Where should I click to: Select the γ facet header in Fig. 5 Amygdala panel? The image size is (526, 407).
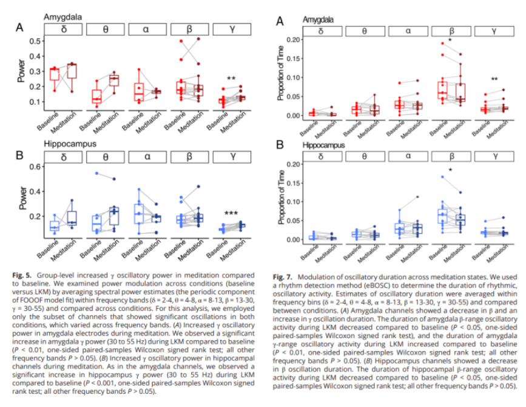(x=231, y=28)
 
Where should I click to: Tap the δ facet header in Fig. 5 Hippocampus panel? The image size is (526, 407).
(x=62, y=156)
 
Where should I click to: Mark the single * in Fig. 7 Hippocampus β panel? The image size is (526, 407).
(x=450, y=171)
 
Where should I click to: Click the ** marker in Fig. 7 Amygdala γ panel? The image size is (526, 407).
(x=495, y=79)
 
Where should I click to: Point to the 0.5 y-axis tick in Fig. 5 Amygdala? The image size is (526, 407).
(x=36, y=41)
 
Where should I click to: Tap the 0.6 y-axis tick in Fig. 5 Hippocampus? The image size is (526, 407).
(x=36, y=167)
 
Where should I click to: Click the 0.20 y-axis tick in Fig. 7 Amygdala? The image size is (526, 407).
(x=293, y=39)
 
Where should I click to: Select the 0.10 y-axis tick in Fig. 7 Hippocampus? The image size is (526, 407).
(x=293, y=201)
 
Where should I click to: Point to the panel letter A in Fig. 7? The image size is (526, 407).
(x=280, y=22)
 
